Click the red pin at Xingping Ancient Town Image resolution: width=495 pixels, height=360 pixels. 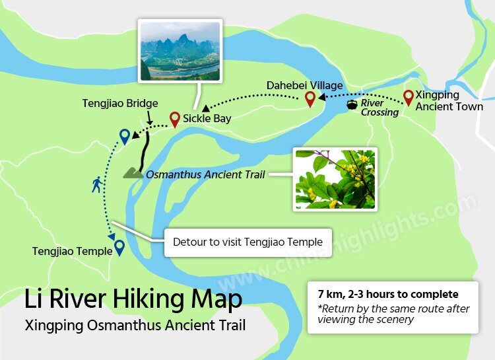pyautogui.click(x=409, y=98)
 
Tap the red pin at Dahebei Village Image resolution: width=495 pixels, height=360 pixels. pyautogui.click(x=310, y=99)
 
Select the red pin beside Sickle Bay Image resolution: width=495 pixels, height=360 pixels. pyautogui.click(x=174, y=119)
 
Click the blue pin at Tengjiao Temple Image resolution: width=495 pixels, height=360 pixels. pyautogui.click(x=119, y=248)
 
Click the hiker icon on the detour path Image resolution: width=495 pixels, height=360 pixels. pyautogui.click(x=97, y=184)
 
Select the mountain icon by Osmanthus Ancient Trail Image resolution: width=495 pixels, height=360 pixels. pyautogui.click(x=133, y=173)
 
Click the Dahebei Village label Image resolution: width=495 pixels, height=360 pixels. pyautogui.click(x=305, y=85)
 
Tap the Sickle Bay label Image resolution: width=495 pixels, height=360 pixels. pyautogui.click(x=207, y=119)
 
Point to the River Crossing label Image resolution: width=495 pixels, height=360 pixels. pyautogui.click(x=380, y=108)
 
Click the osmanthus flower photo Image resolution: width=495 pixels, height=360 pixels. pyautogui.click(x=335, y=179)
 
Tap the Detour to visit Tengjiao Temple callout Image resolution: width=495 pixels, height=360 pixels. pyautogui.click(x=247, y=242)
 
